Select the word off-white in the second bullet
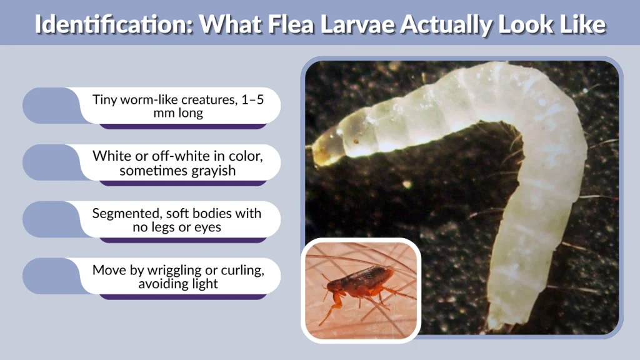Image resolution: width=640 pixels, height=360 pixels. [x=166, y=156]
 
